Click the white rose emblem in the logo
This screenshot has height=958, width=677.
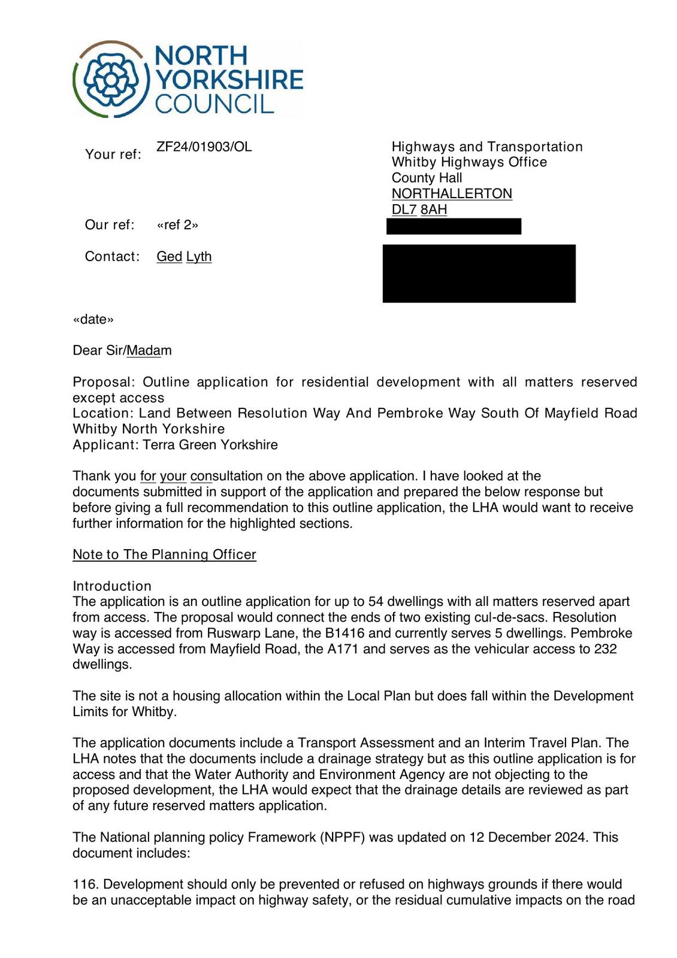[111, 80]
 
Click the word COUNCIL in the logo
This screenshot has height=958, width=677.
[214, 104]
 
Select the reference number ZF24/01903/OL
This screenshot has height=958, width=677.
[204, 147]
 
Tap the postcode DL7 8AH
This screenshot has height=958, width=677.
[419, 210]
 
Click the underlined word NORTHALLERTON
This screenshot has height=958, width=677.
[452, 194]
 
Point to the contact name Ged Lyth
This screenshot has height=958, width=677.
[184, 257]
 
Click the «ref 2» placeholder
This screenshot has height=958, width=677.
[177, 225]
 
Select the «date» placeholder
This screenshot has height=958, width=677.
[93, 319]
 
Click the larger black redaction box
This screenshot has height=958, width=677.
[479, 273]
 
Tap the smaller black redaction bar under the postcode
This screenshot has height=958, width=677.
[454, 226]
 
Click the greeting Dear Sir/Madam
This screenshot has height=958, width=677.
[122, 351]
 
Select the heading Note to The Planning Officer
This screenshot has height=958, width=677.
[164, 555]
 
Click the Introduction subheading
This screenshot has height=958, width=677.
[112, 586]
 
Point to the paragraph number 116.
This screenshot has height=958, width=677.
[86, 884]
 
